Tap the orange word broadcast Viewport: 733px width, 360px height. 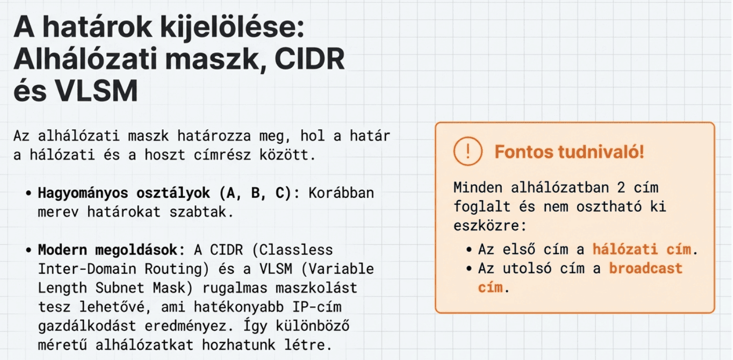coord(645,268)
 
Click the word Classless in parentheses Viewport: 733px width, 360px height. coord(297,249)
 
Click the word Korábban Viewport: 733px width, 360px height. coord(340,193)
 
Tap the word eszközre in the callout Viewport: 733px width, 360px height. coord(490,225)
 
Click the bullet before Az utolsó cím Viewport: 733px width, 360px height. coord(469,268)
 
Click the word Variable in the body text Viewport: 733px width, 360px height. coord(347,268)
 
